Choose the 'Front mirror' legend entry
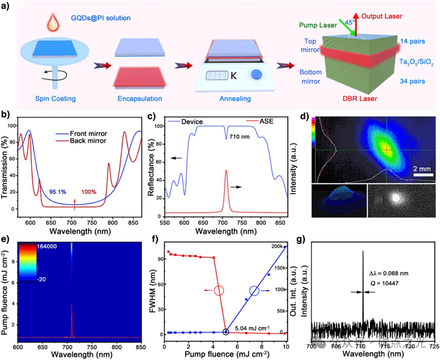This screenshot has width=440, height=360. point(95,133)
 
